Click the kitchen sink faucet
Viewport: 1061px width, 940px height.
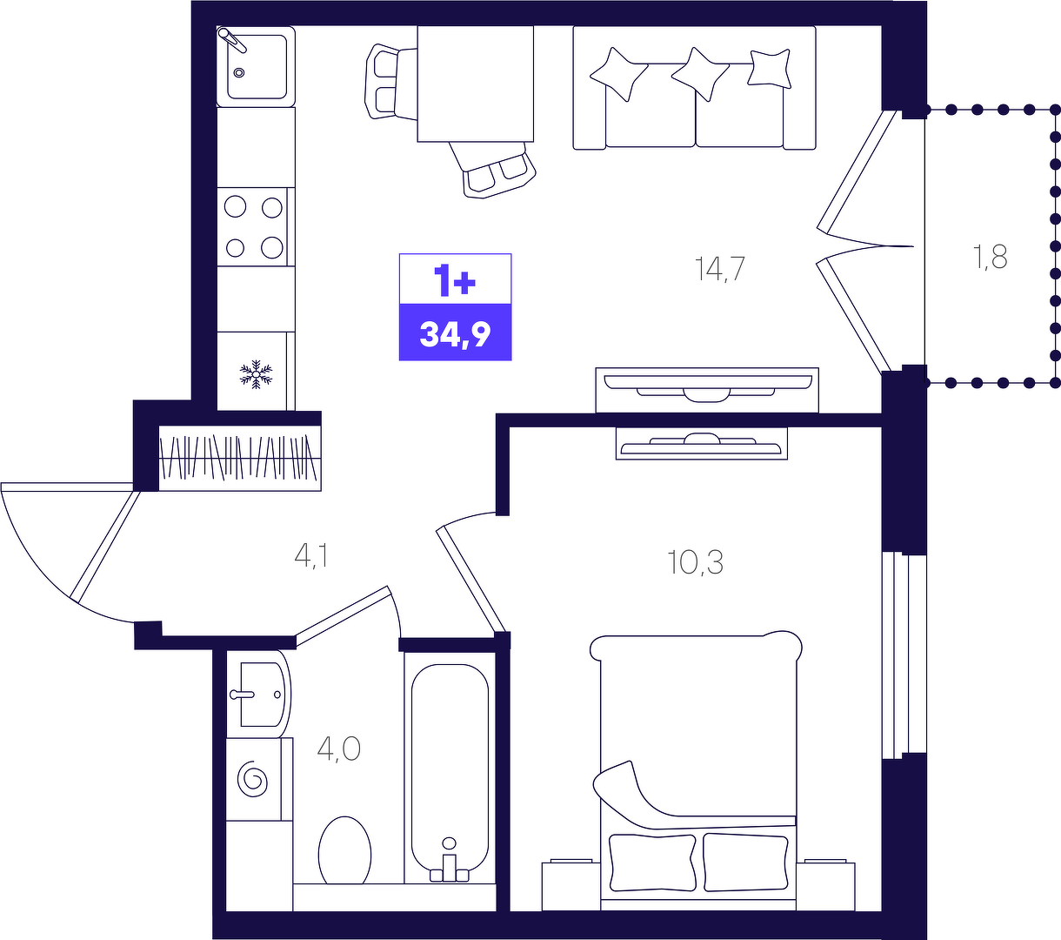pos(232,40)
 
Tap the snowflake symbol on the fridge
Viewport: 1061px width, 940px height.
pos(256,374)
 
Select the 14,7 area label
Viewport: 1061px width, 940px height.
pos(719,270)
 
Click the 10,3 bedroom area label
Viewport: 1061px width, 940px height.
pos(696,562)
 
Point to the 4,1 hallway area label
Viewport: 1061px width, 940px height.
pos(311,555)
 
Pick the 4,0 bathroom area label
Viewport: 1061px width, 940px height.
pos(339,749)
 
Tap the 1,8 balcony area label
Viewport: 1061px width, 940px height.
pos(990,258)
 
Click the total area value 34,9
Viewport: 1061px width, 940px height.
pos(455,334)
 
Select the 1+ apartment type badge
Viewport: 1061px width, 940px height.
pos(455,280)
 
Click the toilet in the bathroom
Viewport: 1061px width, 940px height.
pos(344,851)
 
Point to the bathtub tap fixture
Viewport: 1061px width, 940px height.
pos(449,863)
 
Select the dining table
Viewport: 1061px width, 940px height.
pos(476,84)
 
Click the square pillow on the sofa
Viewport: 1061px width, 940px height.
pos(769,69)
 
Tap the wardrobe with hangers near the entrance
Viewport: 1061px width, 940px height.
pos(240,458)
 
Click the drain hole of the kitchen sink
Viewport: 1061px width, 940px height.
pos(239,72)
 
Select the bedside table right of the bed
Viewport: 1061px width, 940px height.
pos(826,885)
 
